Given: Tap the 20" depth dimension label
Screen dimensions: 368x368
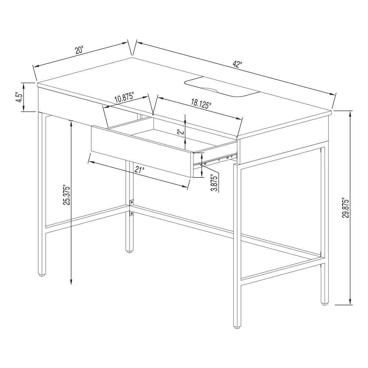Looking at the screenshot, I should click(79, 50).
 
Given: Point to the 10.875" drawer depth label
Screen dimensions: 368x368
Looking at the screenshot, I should click(124, 99).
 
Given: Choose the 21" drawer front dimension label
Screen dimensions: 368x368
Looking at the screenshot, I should click(139, 170).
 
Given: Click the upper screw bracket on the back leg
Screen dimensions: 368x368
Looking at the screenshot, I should click(131, 202).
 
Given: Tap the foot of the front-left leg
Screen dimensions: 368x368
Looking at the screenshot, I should click(42, 274).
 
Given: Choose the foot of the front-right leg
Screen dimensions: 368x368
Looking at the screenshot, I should click(237, 326).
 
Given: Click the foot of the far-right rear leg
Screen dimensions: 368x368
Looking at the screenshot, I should click(324, 304).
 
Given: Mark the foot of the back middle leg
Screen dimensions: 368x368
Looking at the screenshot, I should click(130, 252).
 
